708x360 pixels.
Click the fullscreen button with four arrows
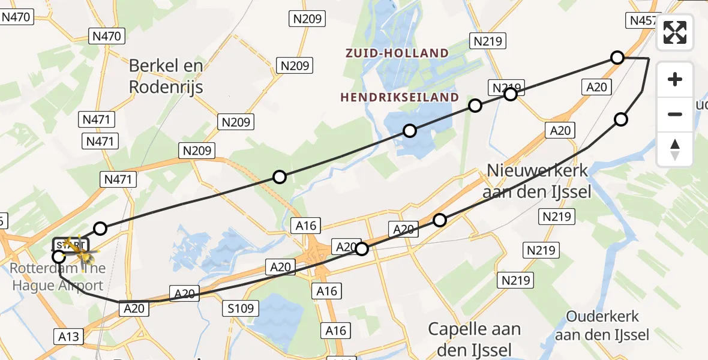point(675,32)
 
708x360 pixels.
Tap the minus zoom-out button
point(675,114)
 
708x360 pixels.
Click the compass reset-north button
point(675,149)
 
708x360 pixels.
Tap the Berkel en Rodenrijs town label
point(166,76)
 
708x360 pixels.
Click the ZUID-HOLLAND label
point(397,53)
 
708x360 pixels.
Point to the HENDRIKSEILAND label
point(399,97)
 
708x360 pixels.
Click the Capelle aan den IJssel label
point(474,338)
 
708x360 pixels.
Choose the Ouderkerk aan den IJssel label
point(602,325)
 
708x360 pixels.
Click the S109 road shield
point(240,309)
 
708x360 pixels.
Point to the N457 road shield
point(643,20)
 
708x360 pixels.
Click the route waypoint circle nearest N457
point(617,58)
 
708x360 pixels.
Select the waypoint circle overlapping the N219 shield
point(510,94)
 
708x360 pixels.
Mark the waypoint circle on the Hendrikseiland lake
point(409,131)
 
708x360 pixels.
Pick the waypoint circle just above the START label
point(100,229)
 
